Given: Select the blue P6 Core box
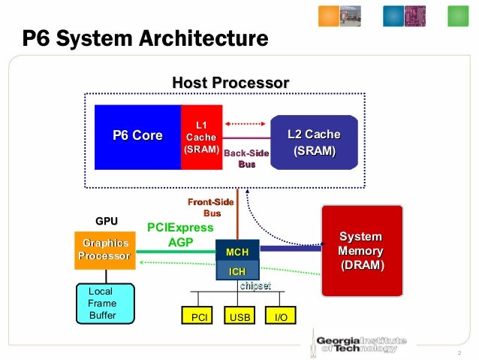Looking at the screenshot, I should point(137,136).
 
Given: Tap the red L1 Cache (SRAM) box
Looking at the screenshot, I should point(201,137).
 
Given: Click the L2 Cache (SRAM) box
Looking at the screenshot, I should point(314,143).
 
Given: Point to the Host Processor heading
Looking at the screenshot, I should point(230,82).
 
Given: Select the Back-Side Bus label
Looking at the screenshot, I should point(246,159).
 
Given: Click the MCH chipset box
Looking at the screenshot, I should point(237,251).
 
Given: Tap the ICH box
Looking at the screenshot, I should point(237,271).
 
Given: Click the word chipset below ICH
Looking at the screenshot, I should point(255,286).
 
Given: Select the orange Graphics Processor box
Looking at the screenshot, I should point(106,250).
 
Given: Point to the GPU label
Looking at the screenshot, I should point(106,222).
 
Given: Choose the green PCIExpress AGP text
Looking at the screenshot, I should point(180,234).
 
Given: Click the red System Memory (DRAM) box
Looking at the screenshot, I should point(362,250).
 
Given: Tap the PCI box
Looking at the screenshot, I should point(199,317).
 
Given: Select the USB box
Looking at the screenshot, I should point(240,317).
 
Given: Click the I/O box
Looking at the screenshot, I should point(282,317).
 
